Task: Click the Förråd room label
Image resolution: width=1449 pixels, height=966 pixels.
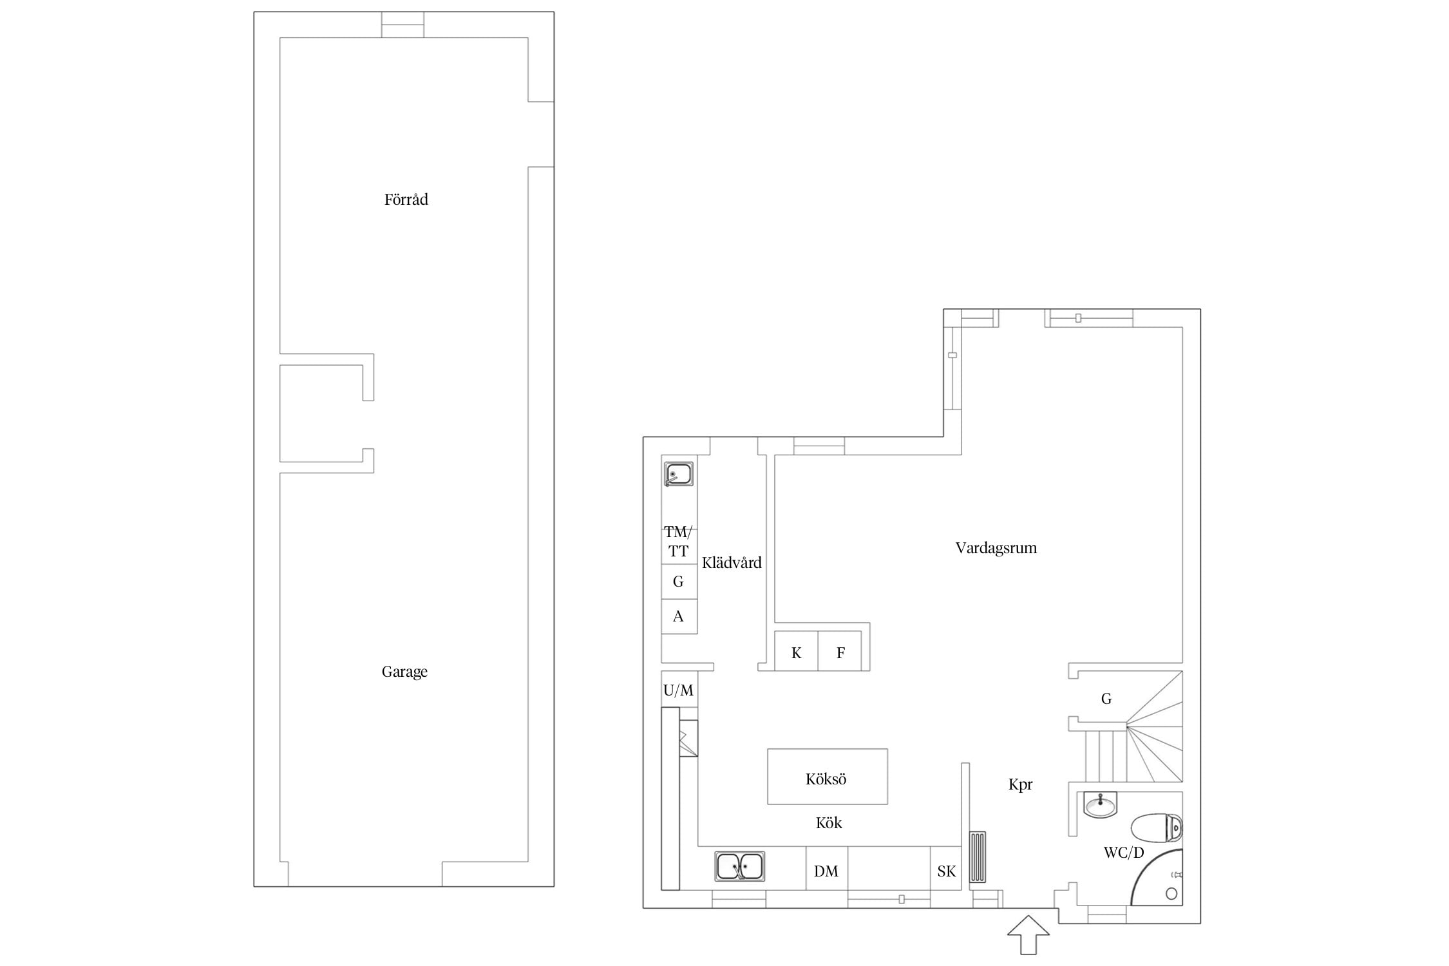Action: point(406,200)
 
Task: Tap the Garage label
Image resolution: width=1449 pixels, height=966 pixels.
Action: point(404,672)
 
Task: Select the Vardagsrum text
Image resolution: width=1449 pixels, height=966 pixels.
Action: point(996,548)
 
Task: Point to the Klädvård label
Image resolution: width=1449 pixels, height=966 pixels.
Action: point(732,562)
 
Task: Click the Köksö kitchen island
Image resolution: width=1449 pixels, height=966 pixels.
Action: point(828,777)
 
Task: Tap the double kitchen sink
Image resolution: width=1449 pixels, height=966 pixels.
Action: point(740,866)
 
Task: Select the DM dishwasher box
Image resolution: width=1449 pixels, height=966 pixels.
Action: point(827,868)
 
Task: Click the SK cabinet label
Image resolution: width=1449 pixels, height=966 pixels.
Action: point(947,871)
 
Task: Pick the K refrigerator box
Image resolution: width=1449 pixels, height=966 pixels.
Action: point(797,651)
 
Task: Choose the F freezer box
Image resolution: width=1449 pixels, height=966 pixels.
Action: point(840,651)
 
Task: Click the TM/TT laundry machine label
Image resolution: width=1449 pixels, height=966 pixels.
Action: point(678,541)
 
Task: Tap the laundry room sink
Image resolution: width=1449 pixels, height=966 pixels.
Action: point(679,474)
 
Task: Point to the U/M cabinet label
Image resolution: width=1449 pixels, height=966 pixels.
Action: point(678,690)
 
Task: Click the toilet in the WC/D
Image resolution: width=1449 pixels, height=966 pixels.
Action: point(1157,828)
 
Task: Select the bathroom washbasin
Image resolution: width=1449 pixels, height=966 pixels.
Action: point(1101,804)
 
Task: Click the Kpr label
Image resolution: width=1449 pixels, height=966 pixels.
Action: point(1021,784)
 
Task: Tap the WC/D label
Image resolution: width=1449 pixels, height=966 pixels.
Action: point(1124,853)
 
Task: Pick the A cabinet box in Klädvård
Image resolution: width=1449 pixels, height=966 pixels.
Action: point(679,616)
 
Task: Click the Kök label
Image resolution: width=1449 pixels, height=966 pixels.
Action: point(829,822)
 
